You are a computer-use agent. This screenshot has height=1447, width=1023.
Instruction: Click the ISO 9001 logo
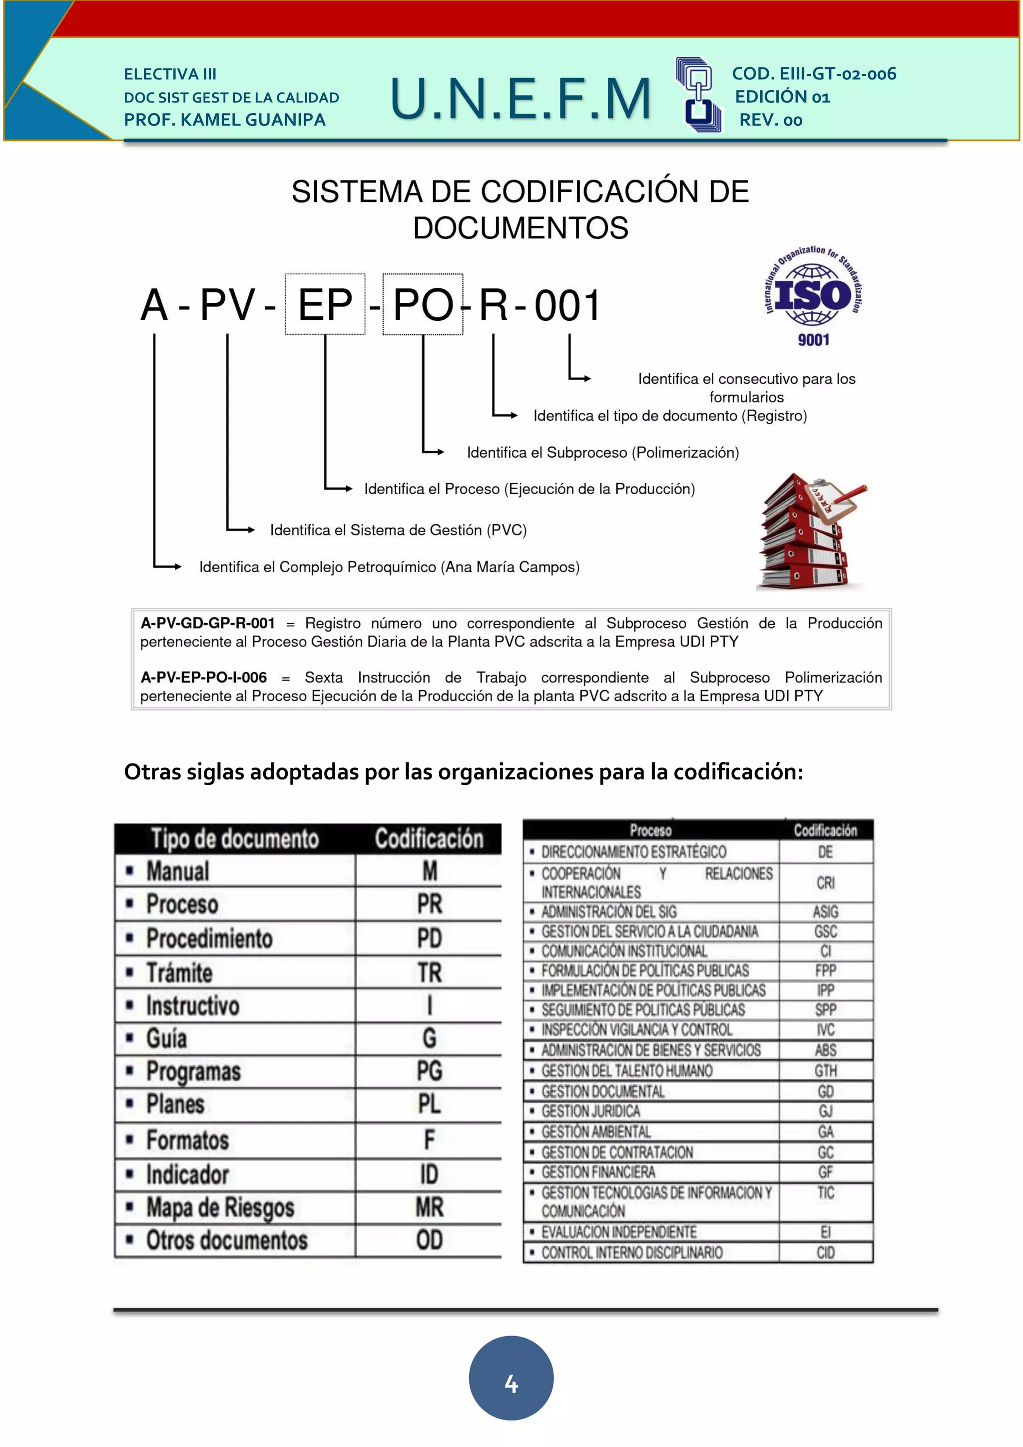tap(813, 296)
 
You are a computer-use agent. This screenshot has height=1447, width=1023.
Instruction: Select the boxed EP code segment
tap(325, 305)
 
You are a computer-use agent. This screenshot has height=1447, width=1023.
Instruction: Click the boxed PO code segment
tap(423, 305)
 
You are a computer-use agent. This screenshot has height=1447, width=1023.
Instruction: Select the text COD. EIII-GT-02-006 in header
tap(814, 74)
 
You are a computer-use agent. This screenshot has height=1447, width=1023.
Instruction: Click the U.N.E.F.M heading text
tap(520, 98)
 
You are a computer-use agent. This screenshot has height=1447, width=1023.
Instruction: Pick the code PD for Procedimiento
tap(430, 938)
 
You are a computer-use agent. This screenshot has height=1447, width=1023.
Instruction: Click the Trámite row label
tap(179, 972)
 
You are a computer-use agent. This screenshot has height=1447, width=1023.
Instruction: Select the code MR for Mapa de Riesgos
tap(430, 1207)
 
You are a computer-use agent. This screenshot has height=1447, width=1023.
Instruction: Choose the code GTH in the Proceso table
tap(825, 1071)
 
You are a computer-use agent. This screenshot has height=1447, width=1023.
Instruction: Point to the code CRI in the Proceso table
tap(825, 883)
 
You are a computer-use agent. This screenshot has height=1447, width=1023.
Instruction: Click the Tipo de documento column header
tap(235, 839)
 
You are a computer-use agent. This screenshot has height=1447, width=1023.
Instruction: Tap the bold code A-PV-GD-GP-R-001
tap(208, 623)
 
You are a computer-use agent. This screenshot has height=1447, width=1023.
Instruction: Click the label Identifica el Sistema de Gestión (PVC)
tap(398, 530)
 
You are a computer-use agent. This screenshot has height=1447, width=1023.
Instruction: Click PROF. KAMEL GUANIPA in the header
tap(225, 120)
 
